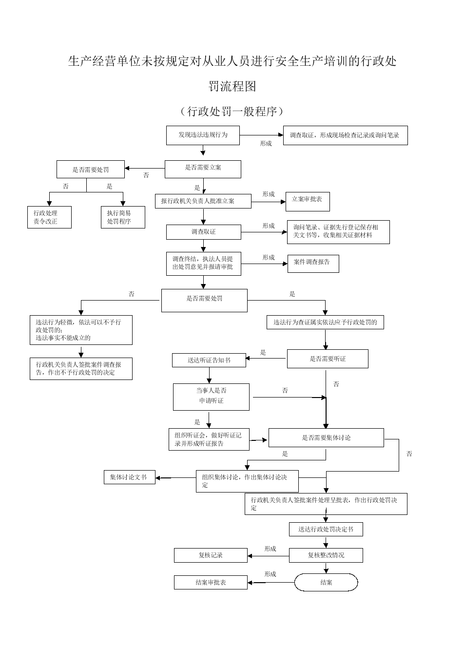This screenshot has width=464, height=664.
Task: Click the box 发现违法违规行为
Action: [203, 135]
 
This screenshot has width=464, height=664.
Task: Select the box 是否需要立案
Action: [203, 169]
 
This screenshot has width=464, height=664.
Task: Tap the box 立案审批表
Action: [308, 202]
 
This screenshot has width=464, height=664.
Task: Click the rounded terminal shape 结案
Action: [326, 582]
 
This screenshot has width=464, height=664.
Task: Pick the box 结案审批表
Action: [211, 582]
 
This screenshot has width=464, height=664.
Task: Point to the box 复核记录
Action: [211, 555]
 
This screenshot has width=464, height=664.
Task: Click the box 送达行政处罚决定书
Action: [326, 529]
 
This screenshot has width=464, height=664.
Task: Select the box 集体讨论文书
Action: [129, 477]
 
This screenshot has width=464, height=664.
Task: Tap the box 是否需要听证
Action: [328, 359]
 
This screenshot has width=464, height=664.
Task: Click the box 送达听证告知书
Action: [209, 360]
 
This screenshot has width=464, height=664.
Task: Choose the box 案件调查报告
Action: [313, 264]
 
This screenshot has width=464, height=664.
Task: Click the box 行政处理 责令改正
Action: [49, 217]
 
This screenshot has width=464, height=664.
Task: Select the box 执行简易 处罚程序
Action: [123, 217]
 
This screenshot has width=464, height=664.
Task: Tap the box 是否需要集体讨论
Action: [326, 437]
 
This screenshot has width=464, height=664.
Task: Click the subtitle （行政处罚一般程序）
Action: [232, 112]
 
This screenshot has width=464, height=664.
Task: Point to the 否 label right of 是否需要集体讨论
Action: [409, 454]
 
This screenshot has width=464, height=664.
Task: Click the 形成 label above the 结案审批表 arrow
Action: [270, 574]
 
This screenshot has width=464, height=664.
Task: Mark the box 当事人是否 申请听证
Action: [211, 397]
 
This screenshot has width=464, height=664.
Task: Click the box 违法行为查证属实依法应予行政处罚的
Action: [325, 322]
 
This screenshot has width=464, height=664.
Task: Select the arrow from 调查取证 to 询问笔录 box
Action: [264, 232]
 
